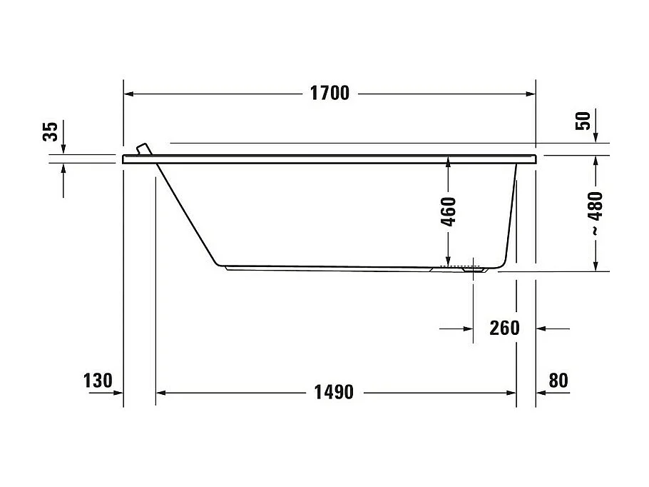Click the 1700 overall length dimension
[x=329, y=94]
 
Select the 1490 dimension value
[x=333, y=393]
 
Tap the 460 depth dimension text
[x=448, y=211]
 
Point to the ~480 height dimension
[x=596, y=214]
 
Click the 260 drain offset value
[x=504, y=328]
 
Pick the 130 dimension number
[x=98, y=381]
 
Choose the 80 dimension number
[x=559, y=381]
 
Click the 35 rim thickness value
[x=50, y=132]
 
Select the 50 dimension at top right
[x=583, y=121]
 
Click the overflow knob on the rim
[x=144, y=149]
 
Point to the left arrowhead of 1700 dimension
[x=129, y=94]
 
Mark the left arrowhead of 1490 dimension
[x=161, y=393]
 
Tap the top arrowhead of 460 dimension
[x=448, y=161]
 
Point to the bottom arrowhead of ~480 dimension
[x=596, y=266]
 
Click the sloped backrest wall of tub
[x=187, y=210]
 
